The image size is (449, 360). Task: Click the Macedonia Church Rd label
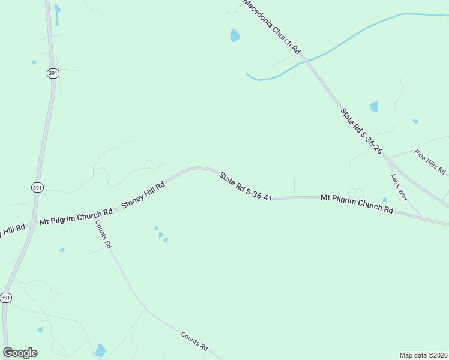click(271, 28)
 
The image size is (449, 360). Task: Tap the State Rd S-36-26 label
click(361, 131)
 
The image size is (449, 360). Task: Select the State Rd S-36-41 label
click(246, 186)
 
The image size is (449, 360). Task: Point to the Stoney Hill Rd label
click(143, 196)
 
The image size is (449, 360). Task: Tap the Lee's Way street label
click(399, 187)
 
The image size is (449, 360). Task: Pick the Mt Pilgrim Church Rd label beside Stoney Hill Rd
click(76, 217)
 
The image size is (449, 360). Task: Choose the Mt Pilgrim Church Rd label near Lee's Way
click(357, 203)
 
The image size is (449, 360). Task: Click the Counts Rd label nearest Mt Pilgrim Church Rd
click(103, 235)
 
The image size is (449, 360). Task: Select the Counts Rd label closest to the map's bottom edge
click(194, 340)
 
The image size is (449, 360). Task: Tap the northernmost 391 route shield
click(52, 73)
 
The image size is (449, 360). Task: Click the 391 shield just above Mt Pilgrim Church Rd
click(37, 188)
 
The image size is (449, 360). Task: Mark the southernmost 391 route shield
click(6, 298)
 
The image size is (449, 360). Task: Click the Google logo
click(20, 353)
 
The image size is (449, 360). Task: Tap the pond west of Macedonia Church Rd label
click(235, 35)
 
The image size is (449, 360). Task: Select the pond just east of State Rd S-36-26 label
click(374, 107)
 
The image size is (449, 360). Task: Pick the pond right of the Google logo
click(100, 350)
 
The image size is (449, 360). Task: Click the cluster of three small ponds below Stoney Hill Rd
click(160, 235)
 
